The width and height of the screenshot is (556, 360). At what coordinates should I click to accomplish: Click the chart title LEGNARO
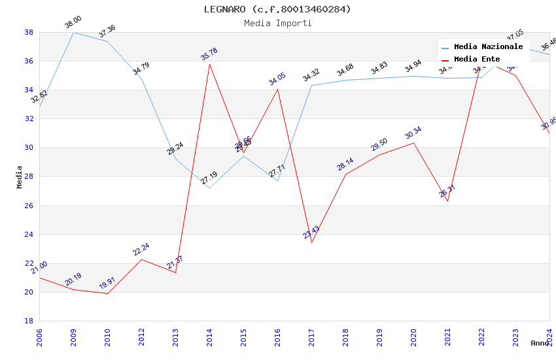(277, 9)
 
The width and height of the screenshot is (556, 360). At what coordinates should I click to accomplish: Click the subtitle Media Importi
(277, 23)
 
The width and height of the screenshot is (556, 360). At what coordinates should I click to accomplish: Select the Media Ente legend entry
(477, 59)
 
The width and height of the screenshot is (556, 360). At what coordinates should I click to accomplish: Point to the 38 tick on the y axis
(29, 32)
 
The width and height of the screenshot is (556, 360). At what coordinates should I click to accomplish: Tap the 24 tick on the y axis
(29, 234)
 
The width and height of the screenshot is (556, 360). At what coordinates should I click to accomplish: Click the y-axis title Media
(20, 177)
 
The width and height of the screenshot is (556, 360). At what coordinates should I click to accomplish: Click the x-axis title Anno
(540, 343)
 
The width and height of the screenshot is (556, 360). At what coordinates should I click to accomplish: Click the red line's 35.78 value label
(209, 54)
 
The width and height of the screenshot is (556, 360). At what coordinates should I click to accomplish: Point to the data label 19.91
(107, 283)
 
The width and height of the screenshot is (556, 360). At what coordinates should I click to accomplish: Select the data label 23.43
(311, 232)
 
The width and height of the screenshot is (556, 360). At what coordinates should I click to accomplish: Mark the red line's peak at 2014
(209, 64)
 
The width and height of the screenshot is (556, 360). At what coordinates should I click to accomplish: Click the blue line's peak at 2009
(73, 32)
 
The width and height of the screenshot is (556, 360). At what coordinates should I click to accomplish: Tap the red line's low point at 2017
(311, 242)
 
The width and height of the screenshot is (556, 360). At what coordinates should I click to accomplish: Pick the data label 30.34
(413, 133)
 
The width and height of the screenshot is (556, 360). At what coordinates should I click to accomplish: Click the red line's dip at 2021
(447, 201)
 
